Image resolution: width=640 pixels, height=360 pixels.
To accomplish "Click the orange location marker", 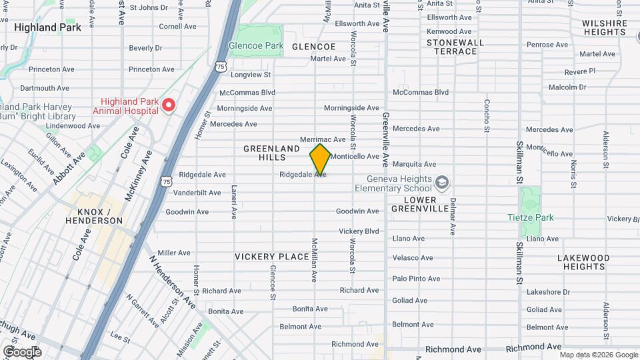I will click(x=320, y=159).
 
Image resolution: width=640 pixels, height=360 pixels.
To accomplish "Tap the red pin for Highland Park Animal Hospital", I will click(x=169, y=105).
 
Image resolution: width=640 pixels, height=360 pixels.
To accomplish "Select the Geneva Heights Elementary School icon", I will click(x=441, y=182).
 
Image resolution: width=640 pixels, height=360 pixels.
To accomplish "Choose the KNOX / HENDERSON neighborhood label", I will click(x=95, y=215).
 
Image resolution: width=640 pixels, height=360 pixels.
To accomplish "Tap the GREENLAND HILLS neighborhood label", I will click(x=264, y=153).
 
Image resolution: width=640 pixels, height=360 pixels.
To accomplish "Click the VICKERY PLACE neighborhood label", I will click(x=271, y=257).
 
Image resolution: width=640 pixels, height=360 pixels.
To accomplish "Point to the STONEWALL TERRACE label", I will click(x=455, y=46).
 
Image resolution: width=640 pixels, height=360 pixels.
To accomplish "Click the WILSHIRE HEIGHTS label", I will click(x=605, y=27).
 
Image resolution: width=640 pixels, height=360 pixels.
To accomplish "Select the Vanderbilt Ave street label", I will click(x=197, y=193).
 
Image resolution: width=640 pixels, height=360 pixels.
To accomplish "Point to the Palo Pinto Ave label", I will click(x=416, y=279).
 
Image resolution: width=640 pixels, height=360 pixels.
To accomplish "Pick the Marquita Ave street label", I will click(x=414, y=164).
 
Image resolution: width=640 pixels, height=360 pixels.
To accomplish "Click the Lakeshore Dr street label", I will click(x=548, y=292).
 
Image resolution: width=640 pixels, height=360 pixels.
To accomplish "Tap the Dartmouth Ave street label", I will click(x=45, y=88).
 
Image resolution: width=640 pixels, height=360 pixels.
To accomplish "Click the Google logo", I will click(x=21, y=351).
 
